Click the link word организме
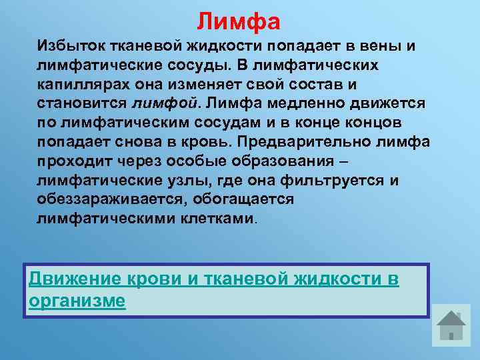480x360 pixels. click(x=77, y=301)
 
